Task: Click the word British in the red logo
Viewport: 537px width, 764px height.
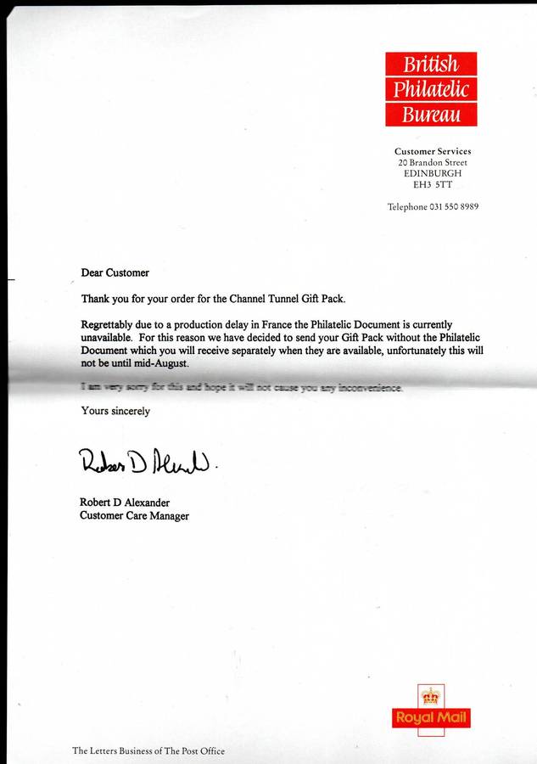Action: point(430,65)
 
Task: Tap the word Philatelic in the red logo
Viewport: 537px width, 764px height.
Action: point(430,89)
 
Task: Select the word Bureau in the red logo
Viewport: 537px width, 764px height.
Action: point(431,115)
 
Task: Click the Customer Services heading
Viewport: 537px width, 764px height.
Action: point(433,151)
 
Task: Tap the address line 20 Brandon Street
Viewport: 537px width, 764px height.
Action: point(433,162)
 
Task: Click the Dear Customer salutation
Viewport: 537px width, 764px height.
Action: point(115,272)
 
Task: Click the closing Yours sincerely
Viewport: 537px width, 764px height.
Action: point(115,411)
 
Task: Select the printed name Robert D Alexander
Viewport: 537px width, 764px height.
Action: point(125,503)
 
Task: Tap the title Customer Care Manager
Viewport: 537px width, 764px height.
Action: point(134,515)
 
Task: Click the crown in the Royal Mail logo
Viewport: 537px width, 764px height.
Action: point(431,697)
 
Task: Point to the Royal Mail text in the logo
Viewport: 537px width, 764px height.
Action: point(431,718)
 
